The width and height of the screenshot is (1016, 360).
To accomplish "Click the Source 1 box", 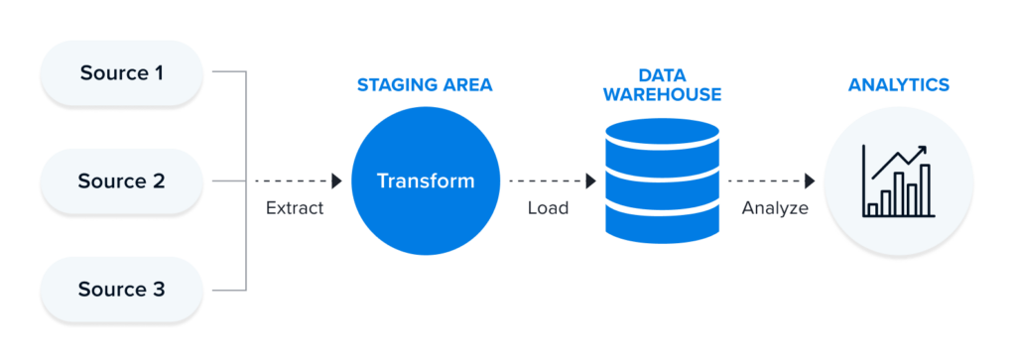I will coord(121,72).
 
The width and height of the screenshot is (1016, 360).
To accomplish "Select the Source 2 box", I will coord(121,181).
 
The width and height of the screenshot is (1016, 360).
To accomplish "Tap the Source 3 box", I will coord(121,290).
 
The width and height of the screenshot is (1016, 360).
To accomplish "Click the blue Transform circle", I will coord(425,181).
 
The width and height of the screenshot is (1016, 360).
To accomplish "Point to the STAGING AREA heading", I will coord(425,86).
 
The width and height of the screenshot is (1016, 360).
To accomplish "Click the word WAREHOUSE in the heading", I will coord(663,95).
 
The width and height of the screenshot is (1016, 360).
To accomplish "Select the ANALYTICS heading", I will coord(898,86).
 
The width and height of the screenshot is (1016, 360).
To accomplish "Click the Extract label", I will coord(295,209).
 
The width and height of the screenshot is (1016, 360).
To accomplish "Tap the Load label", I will coord(548,209).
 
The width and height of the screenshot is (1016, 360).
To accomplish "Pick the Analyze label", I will coord(775,209).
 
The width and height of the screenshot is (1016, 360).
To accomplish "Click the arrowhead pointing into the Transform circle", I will coord(336,181).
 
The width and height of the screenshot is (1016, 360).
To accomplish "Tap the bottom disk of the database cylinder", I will coord(663,226).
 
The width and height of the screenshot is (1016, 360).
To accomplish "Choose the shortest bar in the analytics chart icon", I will coord(873,209).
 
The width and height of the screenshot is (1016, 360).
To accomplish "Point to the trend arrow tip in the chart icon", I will coord(923,150).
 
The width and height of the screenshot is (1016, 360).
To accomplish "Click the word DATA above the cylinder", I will coord(663,75).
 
